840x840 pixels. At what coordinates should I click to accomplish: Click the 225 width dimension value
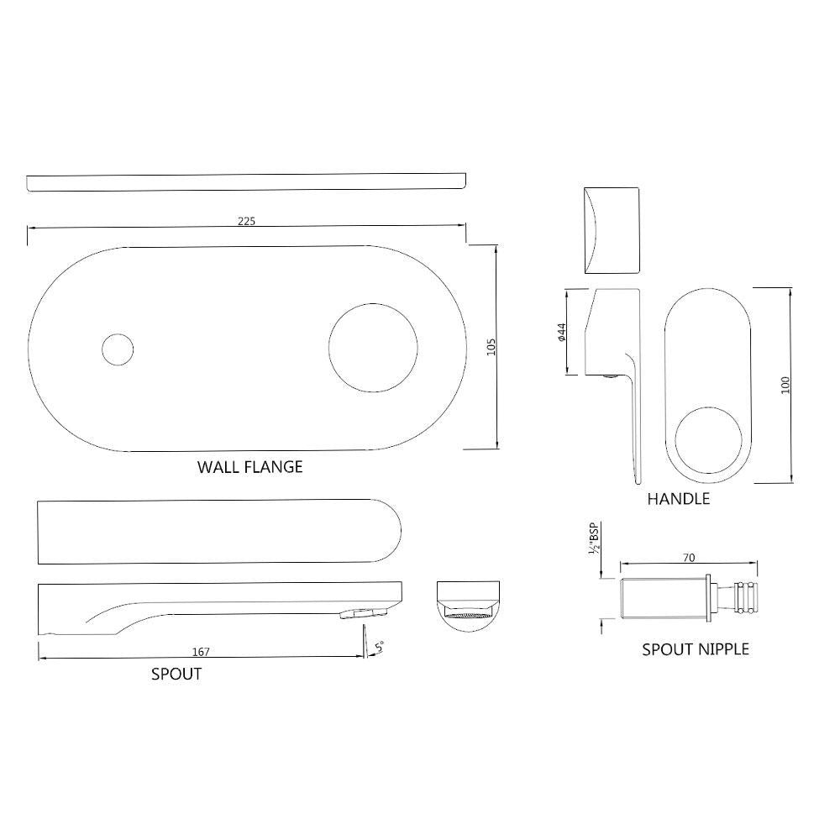[x=245, y=221]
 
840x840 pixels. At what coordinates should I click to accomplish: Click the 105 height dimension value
[x=491, y=346]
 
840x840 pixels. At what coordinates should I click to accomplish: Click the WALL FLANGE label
[x=249, y=467]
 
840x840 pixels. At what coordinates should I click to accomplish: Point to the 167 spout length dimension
[x=201, y=652]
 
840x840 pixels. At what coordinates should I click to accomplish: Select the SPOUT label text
[x=176, y=674]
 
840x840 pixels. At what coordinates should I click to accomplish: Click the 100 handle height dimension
[x=785, y=386]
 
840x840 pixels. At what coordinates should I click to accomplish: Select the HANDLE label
[x=678, y=499]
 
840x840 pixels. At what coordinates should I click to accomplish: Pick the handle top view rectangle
[x=611, y=228]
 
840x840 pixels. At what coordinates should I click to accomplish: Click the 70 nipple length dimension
[x=689, y=558]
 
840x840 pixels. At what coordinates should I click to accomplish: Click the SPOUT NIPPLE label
[x=695, y=649]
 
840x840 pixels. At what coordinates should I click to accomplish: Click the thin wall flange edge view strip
[x=246, y=181]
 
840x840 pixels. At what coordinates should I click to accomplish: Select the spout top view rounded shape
[x=219, y=533]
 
